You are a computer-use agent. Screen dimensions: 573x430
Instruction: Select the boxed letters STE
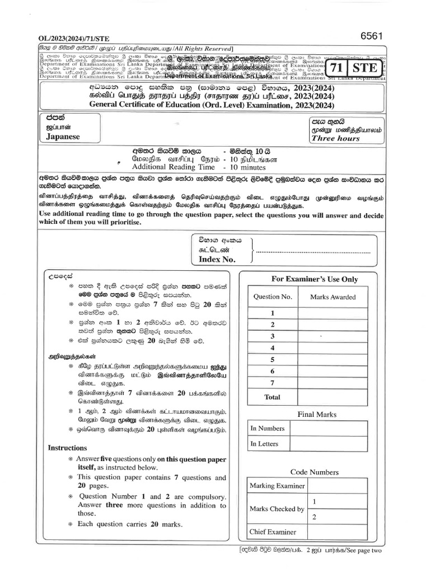point(365,68)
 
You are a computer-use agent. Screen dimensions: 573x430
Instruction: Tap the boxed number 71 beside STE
point(336,68)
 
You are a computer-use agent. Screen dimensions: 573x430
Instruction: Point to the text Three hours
point(336,138)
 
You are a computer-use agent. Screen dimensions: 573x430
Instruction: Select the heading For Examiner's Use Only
point(306,279)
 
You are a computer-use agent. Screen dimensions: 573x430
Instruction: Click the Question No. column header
point(273,297)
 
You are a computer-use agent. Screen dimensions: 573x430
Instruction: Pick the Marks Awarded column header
point(333,297)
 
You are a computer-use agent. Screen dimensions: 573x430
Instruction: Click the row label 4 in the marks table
point(273,348)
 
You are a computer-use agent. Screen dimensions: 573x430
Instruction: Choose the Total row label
point(273,397)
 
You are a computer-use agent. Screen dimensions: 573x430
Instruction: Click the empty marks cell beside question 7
point(333,383)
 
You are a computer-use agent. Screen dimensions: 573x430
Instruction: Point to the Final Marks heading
point(317,415)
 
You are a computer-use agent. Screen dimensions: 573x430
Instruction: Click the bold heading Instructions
point(67,448)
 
